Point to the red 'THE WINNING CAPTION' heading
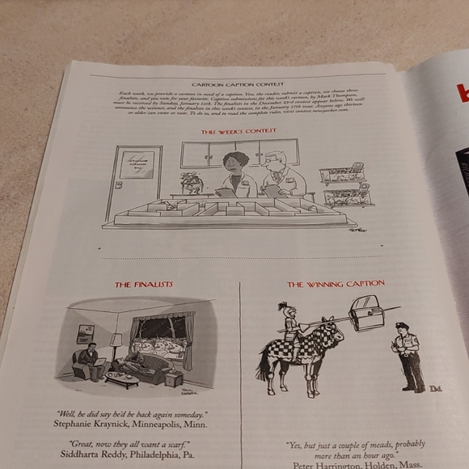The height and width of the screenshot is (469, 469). pyautogui.click(x=336, y=284)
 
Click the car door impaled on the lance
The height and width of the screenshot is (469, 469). pyautogui.click(x=368, y=313)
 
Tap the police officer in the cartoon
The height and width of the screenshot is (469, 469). pyautogui.click(x=407, y=356)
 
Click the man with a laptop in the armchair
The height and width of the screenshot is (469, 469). pyautogui.click(x=90, y=360)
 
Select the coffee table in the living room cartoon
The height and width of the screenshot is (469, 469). pyautogui.click(x=121, y=378)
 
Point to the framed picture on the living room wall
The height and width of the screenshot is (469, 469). pyautogui.click(x=85, y=333)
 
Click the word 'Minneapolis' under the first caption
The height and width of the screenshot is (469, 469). pyautogui.click(x=165, y=423)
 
